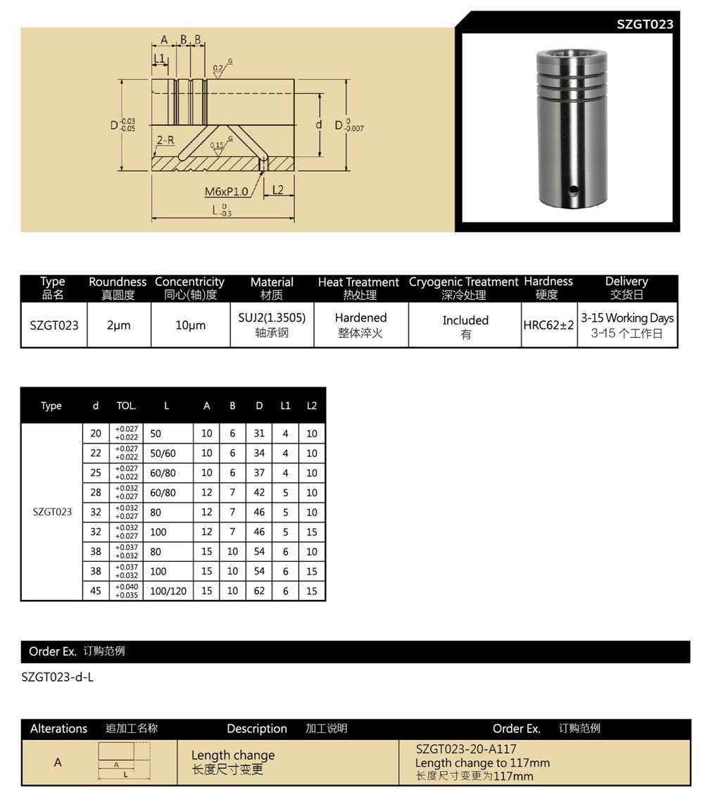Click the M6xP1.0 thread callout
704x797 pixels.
(226, 192)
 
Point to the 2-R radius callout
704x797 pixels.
(165, 140)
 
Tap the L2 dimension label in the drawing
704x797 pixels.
(277, 190)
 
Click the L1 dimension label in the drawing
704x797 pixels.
(159, 57)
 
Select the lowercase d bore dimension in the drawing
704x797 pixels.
(318, 125)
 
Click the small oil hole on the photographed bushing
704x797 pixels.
(574, 189)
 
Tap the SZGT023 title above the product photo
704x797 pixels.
(644, 24)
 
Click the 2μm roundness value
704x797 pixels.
(118, 326)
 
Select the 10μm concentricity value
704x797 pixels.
(190, 326)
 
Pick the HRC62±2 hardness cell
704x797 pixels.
(548, 326)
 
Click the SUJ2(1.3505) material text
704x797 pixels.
(272, 318)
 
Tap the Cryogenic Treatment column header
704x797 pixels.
(464, 282)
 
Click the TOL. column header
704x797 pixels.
(126, 406)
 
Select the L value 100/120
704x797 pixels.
(169, 591)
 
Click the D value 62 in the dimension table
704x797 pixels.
(259, 591)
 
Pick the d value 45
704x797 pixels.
(96, 591)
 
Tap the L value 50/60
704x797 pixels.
(163, 453)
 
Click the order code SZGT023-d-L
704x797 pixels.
(58, 678)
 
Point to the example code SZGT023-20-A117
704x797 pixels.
(466, 749)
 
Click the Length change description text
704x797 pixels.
(233, 755)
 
